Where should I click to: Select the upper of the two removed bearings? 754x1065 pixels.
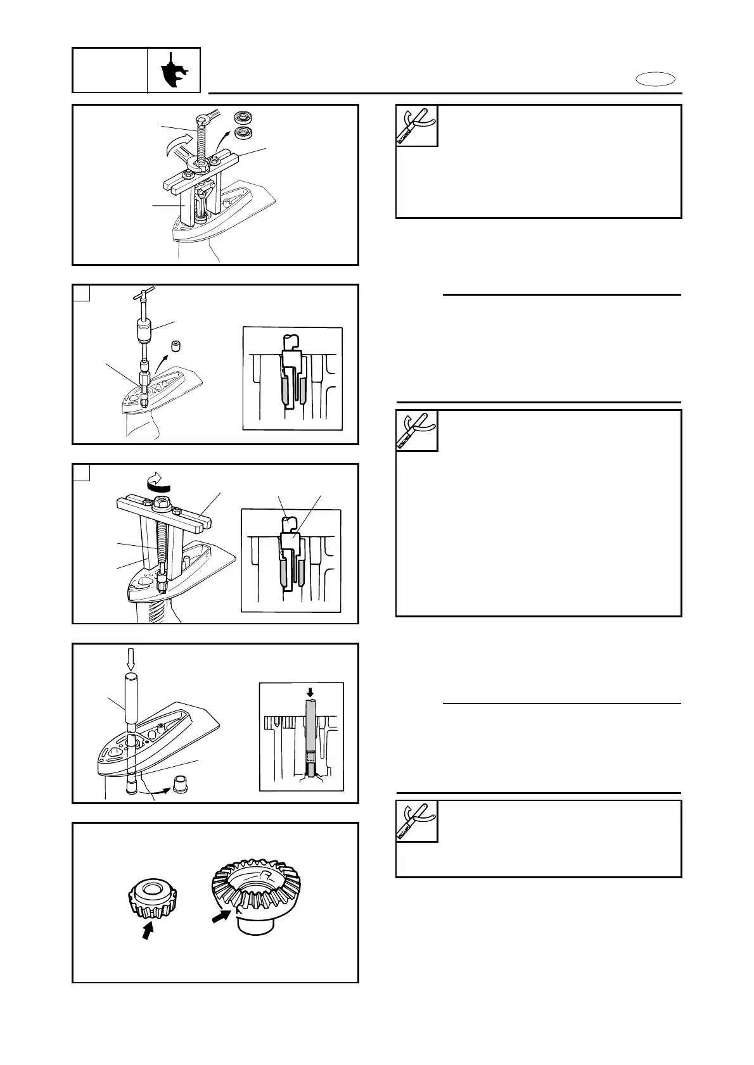242,118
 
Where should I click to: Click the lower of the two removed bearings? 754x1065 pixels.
242,133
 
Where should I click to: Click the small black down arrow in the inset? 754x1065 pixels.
310,692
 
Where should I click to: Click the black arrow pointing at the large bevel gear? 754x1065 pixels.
222,916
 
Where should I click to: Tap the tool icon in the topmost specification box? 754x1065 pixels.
417,125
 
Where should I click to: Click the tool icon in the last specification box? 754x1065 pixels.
417,821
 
